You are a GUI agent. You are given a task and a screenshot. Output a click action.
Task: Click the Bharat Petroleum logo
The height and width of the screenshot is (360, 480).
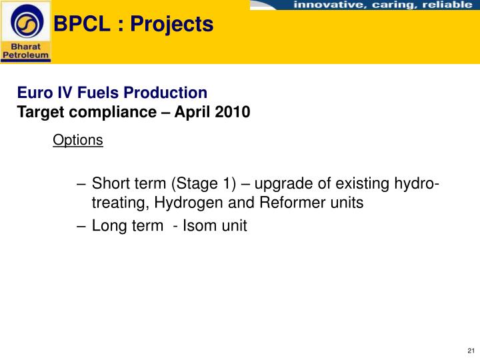click(x=25, y=31)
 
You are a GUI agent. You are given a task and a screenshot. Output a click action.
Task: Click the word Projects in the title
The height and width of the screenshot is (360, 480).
click(x=172, y=25)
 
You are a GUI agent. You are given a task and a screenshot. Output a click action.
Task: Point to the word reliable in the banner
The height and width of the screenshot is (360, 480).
click(x=447, y=5)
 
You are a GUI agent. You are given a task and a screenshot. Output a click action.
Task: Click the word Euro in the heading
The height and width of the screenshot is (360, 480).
click(x=32, y=93)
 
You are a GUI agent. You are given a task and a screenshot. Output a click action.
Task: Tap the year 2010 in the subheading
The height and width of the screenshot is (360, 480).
click(x=233, y=112)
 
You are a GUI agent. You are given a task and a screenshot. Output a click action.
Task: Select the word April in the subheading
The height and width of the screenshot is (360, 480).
click(x=193, y=112)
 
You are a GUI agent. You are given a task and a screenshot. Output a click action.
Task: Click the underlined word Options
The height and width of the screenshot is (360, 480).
click(x=78, y=140)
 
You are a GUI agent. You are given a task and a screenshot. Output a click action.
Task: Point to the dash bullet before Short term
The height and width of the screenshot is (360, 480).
click(x=81, y=184)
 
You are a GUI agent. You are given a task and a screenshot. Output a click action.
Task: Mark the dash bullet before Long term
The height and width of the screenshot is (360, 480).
click(x=81, y=226)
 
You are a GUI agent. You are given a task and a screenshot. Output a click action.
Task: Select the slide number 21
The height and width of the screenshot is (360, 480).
click(x=471, y=351)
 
